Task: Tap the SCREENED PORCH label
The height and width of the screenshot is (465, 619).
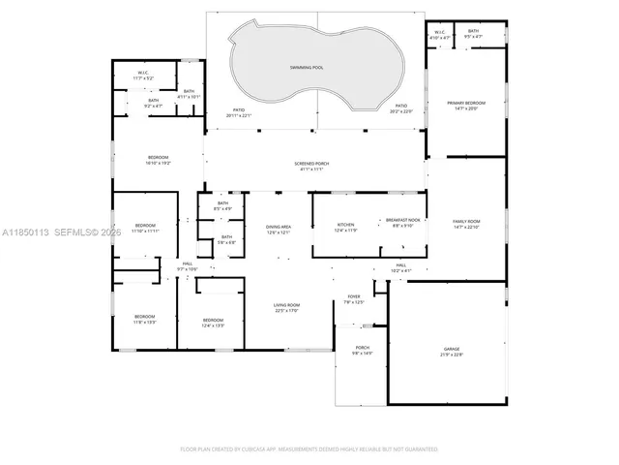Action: tap(311, 165)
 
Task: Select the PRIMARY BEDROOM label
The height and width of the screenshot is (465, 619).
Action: tap(466, 103)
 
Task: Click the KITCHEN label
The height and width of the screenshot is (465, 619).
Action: tap(345, 224)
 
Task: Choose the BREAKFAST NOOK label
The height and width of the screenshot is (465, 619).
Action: tap(403, 221)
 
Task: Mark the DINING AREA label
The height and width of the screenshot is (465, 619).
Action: tap(279, 227)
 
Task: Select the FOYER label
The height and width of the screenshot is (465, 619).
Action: tap(354, 297)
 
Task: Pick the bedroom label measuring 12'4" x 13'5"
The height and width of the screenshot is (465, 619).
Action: tap(213, 321)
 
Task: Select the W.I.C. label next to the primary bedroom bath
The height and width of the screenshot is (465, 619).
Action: tap(439, 33)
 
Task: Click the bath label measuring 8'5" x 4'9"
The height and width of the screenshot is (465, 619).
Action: tap(222, 204)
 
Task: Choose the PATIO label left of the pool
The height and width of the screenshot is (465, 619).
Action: tap(238, 112)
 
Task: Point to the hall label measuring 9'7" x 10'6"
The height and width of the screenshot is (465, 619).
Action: tap(187, 264)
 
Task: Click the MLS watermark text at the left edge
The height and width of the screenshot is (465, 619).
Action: tap(58, 232)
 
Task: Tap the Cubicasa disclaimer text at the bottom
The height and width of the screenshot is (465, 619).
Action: tap(309, 449)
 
